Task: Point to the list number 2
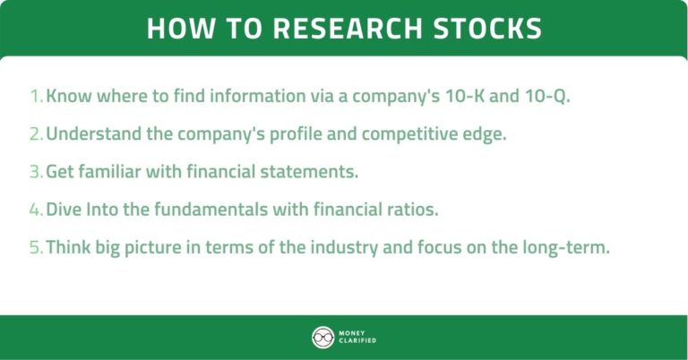[35, 133]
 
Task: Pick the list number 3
[35, 171]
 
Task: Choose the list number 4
[35, 210]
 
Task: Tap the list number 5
[35, 247]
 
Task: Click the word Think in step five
[67, 247]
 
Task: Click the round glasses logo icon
[322, 337]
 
